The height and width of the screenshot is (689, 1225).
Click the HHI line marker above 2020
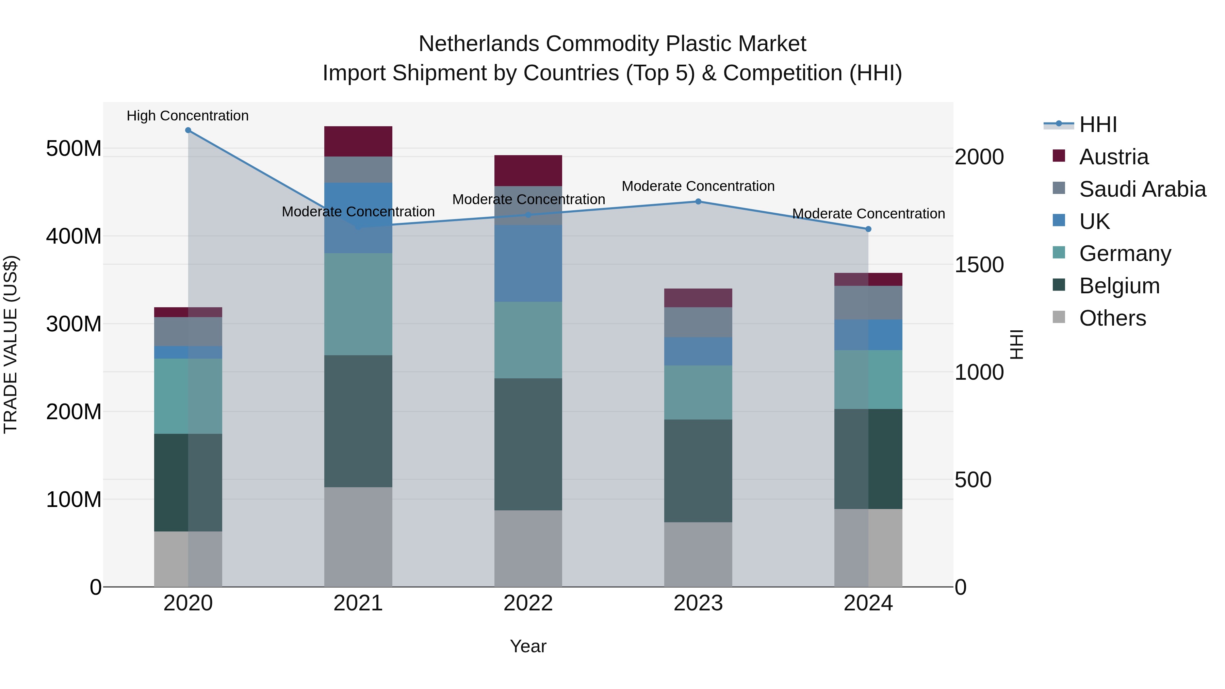[188, 130]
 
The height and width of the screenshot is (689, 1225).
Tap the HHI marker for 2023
[698, 202]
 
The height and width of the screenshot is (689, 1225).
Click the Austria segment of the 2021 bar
[358, 141]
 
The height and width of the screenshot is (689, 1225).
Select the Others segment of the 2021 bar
[358, 537]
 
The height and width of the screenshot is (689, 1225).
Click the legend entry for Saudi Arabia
[1142, 189]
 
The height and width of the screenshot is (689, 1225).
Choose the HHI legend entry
[1097, 125]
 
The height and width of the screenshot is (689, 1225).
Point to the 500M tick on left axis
[74, 149]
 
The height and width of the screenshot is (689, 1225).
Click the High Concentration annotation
[187, 116]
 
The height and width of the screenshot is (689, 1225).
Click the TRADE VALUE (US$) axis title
[11, 344]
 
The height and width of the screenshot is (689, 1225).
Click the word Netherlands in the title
[479, 44]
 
